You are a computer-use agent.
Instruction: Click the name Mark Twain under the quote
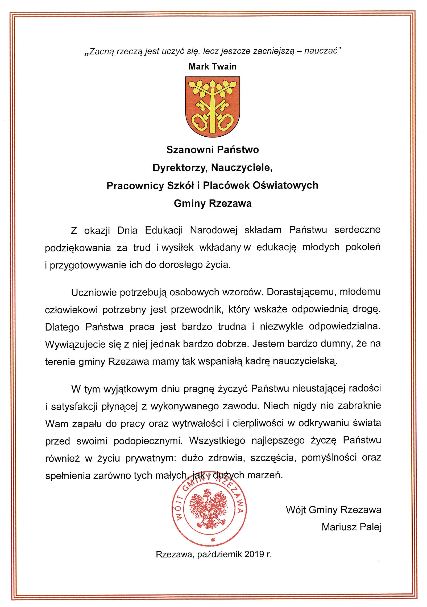pyautogui.click(x=212, y=66)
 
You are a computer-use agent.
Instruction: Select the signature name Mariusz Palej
pyautogui.click(x=351, y=527)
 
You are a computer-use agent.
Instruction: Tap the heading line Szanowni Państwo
pyautogui.click(x=212, y=150)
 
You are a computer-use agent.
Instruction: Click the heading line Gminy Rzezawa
pyautogui.click(x=212, y=203)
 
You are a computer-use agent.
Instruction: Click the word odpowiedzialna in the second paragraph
pyautogui.click(x=345, y=327)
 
